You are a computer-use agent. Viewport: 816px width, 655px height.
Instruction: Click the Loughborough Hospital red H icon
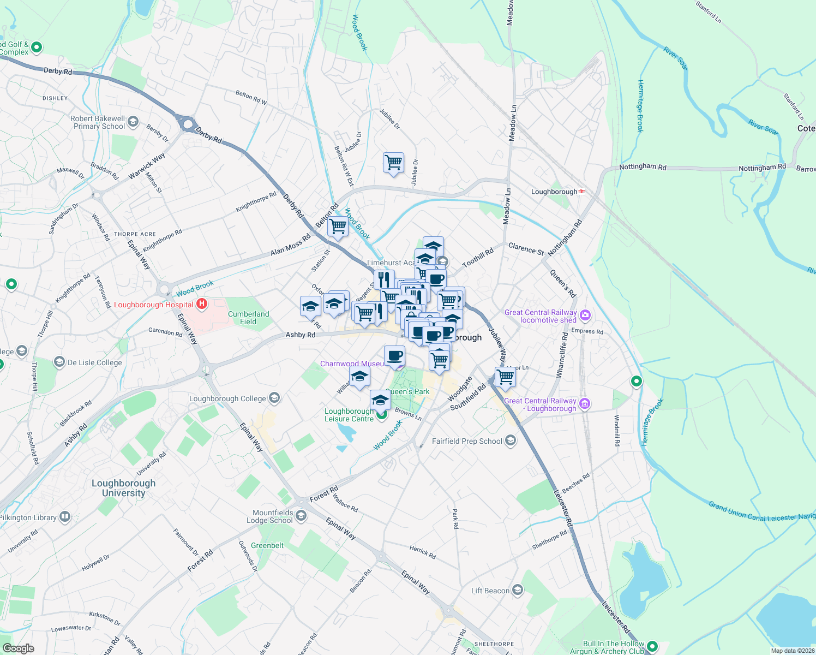click(202, 304)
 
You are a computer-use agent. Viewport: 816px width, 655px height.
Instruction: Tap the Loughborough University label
click(123, 488)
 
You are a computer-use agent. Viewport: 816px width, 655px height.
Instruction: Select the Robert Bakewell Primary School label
click(99, 122)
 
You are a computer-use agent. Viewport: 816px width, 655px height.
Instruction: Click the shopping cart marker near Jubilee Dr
click(393, 163)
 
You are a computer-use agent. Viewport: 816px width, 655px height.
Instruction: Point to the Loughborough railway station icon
click(583, 192)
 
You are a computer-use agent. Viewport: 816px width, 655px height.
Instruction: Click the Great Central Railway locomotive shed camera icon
click(585, 315)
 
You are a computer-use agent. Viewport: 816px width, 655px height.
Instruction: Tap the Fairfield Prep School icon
click(511, 440)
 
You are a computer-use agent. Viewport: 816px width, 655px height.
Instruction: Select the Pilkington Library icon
click(65, 517)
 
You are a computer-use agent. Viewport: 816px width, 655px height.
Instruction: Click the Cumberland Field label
click(248, 318)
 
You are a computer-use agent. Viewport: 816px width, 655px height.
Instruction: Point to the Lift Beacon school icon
click(518, 590)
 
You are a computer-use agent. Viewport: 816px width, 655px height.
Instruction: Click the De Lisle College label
click(94, 362)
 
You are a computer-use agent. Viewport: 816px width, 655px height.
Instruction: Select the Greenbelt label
click(267, 545)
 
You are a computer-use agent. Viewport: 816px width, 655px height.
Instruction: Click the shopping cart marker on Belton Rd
click(338, 225)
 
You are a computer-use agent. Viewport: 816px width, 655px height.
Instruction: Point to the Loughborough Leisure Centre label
click(349, 415)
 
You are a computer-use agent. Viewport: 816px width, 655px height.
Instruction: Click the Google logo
click(18, 648)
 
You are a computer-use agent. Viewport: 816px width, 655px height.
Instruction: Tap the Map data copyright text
click(793, 651)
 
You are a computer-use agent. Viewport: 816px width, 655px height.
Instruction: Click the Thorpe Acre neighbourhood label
click(135, 234)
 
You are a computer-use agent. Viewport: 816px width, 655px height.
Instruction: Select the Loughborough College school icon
click(274, 398)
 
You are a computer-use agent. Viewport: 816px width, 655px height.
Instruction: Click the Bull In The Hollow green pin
click(652, 647)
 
